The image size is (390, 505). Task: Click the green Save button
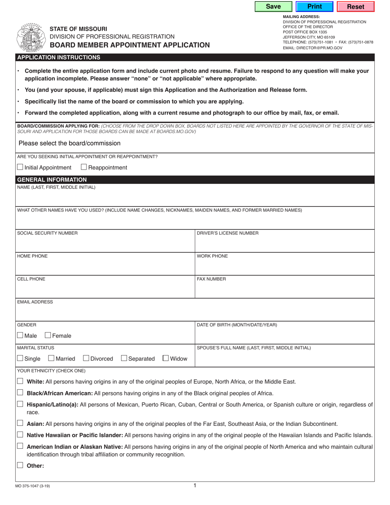click(x=273, y=7)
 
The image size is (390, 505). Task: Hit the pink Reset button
click(x=356, y=7)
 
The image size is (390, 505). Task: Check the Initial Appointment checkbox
click(x=20, y=167)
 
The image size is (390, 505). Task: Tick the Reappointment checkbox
click(x=84, y=167)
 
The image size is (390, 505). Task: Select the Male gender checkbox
click(x=20, y=335)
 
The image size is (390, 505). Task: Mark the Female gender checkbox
click(x=48, y=335)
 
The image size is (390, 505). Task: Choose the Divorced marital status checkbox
click(x=86, y=358)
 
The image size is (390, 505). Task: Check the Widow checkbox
click(x=166, y=358)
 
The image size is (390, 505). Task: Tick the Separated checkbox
click(x=124, y=358)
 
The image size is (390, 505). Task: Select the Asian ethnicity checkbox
click(x=20, y=423)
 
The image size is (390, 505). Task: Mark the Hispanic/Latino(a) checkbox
click(x=20, y=404)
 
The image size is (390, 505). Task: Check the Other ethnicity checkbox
click(x=20, y=466)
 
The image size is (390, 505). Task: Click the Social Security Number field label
click(x=47, y=233)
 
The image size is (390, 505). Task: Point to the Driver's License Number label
click(x=228, y=233)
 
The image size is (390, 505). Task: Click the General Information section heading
click(x=51, y=179)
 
